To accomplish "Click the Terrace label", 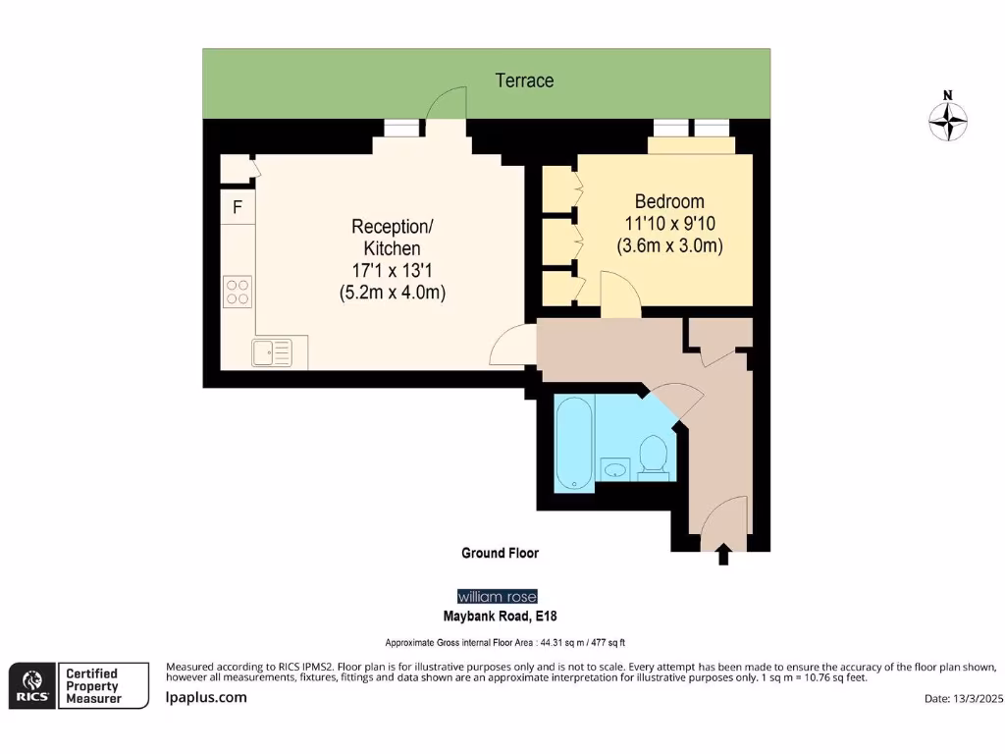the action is click(524, 81).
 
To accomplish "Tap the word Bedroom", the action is click(669, 201).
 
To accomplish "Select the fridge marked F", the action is click(238, 206).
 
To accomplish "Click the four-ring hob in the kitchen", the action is click(238, 292).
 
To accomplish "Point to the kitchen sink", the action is click(272, 352).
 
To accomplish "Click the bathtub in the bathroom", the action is click(574, 443).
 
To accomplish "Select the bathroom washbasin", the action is click(615, 469).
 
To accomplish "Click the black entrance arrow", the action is click(723, 554).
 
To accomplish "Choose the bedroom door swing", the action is click(620, 295).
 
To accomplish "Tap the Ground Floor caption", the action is click(500, 553).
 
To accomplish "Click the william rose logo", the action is click(498, 596).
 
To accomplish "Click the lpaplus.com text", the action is click(206, 698).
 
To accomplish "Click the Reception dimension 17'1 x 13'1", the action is click(393, 271).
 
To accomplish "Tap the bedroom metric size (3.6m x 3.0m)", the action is click(669, 245).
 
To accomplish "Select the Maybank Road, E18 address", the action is click(500, 617).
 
